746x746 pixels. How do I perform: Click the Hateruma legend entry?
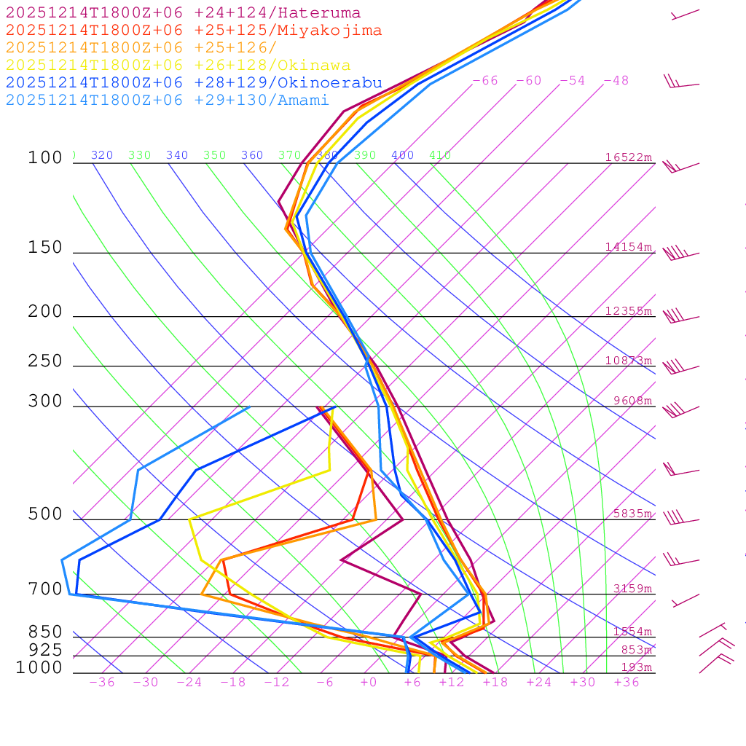[183, 13]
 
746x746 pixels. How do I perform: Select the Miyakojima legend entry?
[194, 31]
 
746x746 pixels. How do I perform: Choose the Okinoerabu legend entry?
[194, 83]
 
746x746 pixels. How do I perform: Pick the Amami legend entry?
[168, 101]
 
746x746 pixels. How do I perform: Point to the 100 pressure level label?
[45, 158]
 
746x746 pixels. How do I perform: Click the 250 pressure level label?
[45, 361]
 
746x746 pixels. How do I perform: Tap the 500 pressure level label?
[45, 514]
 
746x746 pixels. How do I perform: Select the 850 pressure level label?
[45, 632]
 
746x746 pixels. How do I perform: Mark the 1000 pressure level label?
[39, 668]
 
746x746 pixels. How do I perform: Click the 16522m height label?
[629, 157]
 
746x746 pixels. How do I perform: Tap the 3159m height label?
[632, 589]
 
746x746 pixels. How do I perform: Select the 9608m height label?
[632, 401]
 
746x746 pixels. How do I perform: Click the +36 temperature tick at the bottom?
[627, 683]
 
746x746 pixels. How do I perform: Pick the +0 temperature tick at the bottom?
[369, 683]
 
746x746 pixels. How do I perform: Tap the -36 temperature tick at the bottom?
[102, 683]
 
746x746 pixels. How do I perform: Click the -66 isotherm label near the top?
[484, 81]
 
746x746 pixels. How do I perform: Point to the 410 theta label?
[440, 155]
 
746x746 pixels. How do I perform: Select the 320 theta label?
[102, 155]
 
